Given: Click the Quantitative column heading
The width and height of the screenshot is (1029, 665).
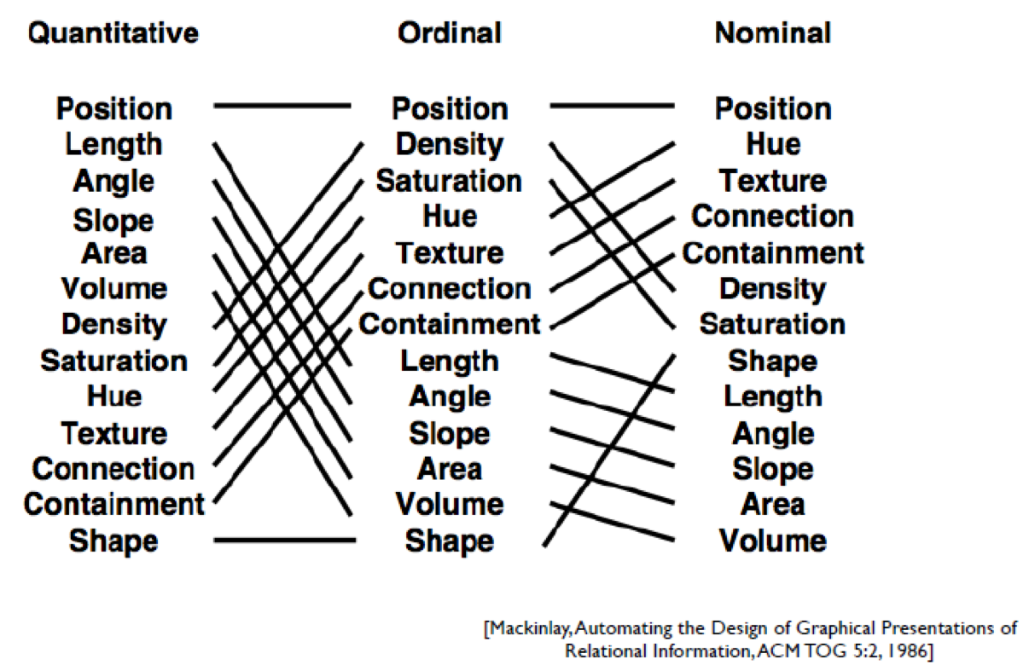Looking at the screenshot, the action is pyautogui.click(x=113, y=33).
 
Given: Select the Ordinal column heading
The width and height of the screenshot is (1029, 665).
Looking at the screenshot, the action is pyautogui.click(x=450, y=33).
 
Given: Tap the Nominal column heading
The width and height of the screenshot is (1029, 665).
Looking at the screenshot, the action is pyautogui.click(x=773, y=33).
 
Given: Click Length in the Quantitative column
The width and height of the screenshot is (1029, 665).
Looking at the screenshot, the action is pyautogui.click(x=114, y=146).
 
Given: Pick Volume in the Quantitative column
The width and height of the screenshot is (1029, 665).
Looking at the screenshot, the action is pyautogui.click(x=114, y=289).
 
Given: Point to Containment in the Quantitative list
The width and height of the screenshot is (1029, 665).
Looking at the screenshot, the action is pyautogui.click(x=114, y=504).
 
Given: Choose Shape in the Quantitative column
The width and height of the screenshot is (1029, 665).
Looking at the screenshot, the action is pyautogui.click(x=114, y=541).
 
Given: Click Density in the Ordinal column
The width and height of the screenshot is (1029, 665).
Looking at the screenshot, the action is pyautogui.click(x=450, y=146).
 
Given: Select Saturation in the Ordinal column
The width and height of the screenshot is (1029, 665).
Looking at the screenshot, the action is pyautogui.click(x=450, y=181).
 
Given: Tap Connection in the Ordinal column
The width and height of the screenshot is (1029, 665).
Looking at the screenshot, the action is pyautogui.click(x=450, y=289).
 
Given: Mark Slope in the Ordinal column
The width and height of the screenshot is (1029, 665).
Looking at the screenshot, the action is pyautogui.click(x=450, y=434).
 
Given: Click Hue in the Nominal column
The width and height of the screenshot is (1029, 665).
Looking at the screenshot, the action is pyautogui.click(x=774, y=145).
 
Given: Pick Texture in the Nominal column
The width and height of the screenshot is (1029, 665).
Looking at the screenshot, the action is pyautogui.click(x=773, y=181).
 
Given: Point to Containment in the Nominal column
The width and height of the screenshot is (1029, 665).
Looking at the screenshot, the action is pyautogui.click(x=773, y=253).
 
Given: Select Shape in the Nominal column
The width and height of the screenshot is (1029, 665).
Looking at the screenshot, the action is pyautogui.click(x=773, y=362).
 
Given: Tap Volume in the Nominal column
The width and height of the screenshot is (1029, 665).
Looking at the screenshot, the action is pyautogui.click(x=773, y=541).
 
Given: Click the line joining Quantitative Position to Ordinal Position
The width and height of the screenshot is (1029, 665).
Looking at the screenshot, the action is pyautogui.click(x=282, y=106).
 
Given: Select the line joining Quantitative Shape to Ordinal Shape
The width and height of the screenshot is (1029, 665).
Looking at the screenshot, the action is pyautogui.click(x=285, y=541).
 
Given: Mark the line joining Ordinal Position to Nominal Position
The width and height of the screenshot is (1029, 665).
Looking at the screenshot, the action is pyautogui.click(x=613, y=106).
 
